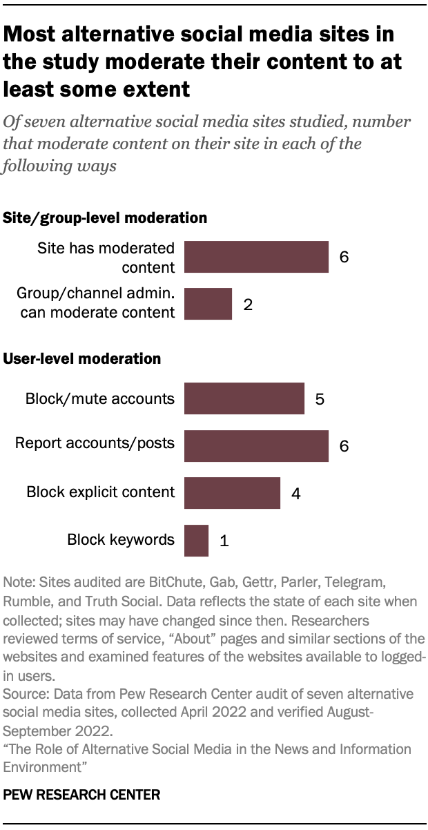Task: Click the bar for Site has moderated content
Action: tap(256, 257)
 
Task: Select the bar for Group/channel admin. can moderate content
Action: tap(208, 304)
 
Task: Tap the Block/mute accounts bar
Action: tap(244, 398)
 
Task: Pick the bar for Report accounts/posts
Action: tap(256, 445)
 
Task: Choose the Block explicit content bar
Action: tap(232, 492)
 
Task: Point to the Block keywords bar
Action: tap(196, 540)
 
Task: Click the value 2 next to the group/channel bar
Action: tap(248, 304)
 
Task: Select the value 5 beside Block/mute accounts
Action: tap(320, 398)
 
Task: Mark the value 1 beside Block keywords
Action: tap(224, 541)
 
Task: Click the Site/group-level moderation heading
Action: tap(106, 218)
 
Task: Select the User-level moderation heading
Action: tap(83, 359)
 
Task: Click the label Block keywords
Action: tap(121, 540)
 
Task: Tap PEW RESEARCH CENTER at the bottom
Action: tap(81, 795)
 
